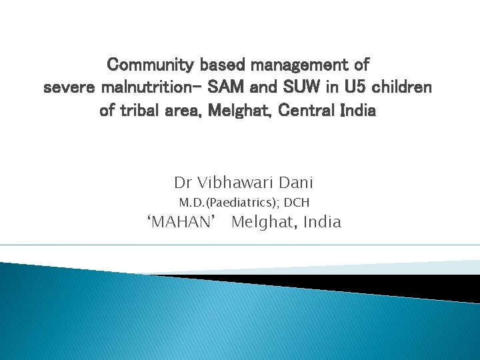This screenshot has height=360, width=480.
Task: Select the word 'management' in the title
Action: pos(295,65)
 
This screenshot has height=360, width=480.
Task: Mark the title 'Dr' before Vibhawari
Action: pos(183,182)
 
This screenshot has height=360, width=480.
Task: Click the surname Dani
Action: pos(295,182)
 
